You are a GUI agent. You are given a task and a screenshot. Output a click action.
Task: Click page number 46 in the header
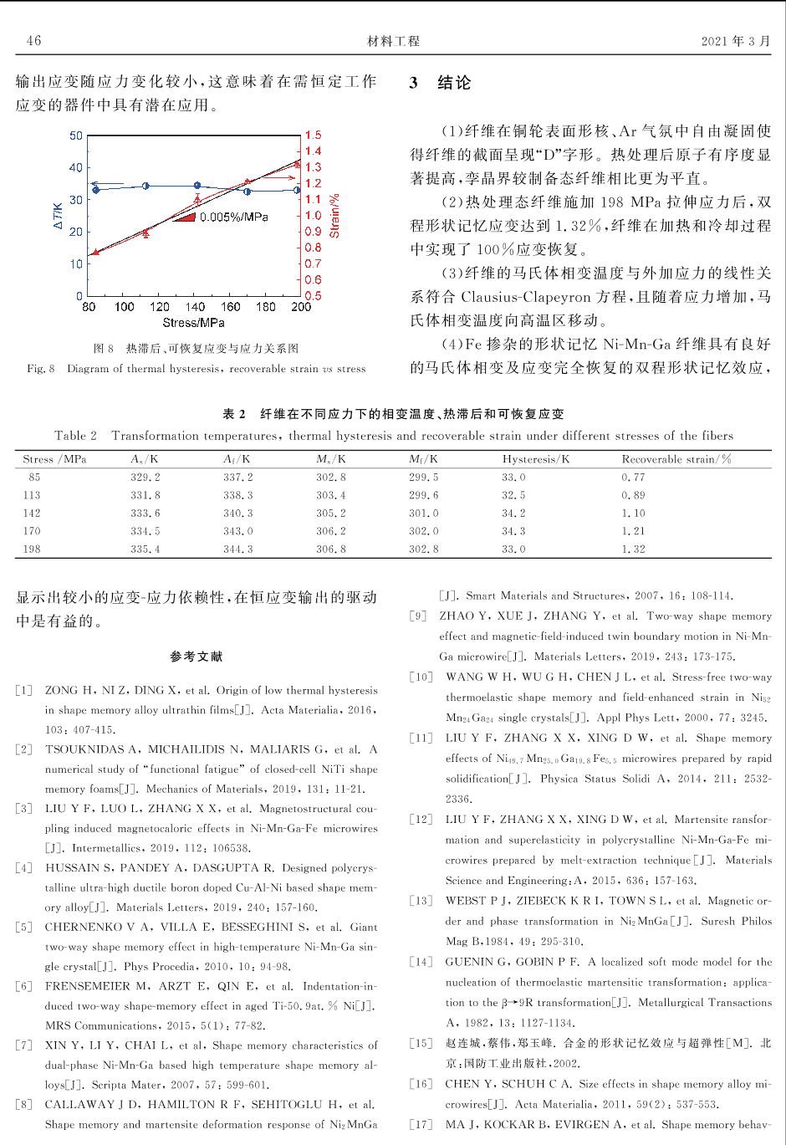point(33,41)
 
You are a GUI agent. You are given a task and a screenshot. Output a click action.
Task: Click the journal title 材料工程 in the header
point(393,41)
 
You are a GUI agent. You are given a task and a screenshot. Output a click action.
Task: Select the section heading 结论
point(454,83)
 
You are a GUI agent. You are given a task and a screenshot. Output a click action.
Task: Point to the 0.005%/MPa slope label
point(233,217)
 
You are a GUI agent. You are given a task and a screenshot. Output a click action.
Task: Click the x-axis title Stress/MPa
point(193,323)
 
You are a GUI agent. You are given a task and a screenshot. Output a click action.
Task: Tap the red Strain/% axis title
point(334,217)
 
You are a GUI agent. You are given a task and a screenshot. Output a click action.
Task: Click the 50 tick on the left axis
point(76,135)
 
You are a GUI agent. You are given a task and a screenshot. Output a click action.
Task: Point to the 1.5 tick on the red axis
point(313,135)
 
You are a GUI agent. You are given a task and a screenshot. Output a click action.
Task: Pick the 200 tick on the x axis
point(301,307)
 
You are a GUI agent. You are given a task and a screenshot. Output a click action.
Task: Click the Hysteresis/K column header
point(535,459)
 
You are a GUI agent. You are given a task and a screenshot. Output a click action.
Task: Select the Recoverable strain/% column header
point(676,459)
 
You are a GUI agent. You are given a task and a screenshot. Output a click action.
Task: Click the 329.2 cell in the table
point(145,478)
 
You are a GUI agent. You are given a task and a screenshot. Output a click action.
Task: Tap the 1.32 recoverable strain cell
point(633,549)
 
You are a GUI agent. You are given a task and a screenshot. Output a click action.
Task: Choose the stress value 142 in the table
point(32,514)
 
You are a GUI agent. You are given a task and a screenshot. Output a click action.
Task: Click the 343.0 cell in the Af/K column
point(237,531)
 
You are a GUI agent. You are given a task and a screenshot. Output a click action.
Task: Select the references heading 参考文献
point(196,657)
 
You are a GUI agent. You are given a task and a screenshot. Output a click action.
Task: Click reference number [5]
point(23,927)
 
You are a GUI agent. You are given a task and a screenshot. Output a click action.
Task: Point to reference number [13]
point(421,901)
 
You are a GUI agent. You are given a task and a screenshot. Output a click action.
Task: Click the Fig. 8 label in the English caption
point(41,369)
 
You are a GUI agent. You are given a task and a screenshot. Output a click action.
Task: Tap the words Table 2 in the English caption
point(75,436)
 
